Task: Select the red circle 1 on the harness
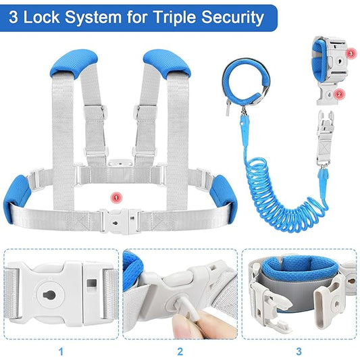115,197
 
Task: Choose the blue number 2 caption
180,351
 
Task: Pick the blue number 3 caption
298,351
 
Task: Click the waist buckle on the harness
119,220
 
